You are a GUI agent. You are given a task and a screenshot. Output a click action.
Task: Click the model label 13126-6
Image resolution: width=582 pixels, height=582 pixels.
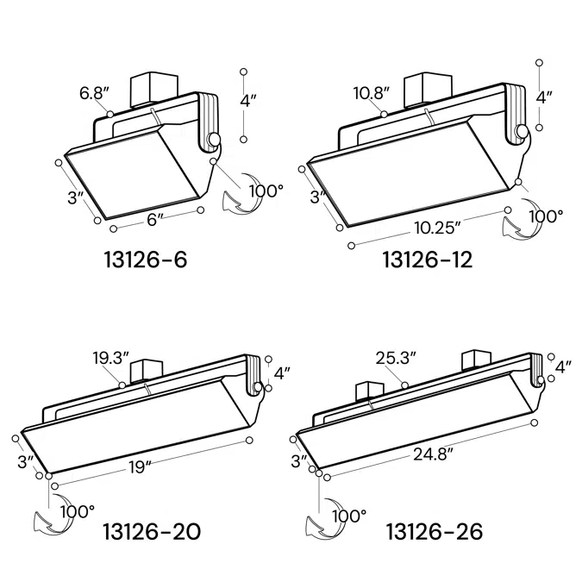pos(145,258)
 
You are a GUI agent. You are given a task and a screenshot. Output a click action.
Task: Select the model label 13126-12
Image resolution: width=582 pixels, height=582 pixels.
pos(427,259)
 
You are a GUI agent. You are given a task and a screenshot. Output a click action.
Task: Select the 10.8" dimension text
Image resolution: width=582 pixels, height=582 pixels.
pos(372,92)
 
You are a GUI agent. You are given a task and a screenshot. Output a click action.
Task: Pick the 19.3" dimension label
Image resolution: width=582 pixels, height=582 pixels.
pos(111,357)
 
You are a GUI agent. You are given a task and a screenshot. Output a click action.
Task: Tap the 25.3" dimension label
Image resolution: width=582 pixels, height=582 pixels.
pos(396,357)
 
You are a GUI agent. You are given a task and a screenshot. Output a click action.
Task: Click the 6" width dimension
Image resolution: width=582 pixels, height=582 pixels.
pos(155,220)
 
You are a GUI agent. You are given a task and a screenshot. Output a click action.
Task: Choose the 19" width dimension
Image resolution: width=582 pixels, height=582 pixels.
pos(136,466)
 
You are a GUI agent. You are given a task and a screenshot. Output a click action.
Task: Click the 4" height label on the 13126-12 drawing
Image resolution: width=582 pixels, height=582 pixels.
pos(543,97)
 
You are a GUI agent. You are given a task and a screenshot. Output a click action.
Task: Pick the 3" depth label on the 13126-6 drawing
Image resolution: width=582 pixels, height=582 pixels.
pos(74,197)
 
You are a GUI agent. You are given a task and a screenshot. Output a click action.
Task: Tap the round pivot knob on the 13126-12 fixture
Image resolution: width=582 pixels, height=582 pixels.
pos(523,132)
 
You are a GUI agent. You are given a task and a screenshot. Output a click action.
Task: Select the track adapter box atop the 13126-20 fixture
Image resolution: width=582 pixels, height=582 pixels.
pos(142,372)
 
